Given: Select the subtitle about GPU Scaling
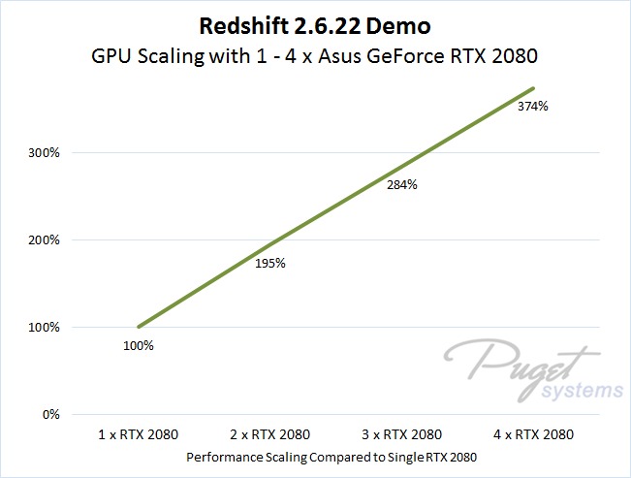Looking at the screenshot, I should pyautogui.click(x=315, y=56).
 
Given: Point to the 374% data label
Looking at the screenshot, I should pyautogui.click(x=532, y=107).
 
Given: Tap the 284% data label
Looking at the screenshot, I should pyautogui.click(x=401, y=184).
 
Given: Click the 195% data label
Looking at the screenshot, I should pyautogui.click(x=269, y=263).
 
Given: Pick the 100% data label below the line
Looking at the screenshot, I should pyautogui.click(x=138, y=344).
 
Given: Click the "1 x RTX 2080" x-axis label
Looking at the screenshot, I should pyautogui.click(x=139, y=433).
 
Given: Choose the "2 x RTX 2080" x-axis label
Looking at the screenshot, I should pyautogui.click(x=270, y=433).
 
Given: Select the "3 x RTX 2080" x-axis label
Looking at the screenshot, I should pyautogui.click(x=402, y=433).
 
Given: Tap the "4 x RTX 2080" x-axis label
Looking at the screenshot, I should pyautogui.click(x=534, y=433).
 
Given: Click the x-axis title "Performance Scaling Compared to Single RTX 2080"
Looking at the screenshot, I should pyautogui.click(x=335, y=455).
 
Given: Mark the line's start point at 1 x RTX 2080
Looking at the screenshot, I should pyautogui.click(x=139, y=327).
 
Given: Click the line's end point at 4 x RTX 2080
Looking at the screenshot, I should pyautogui.click(x=534, y=88).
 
